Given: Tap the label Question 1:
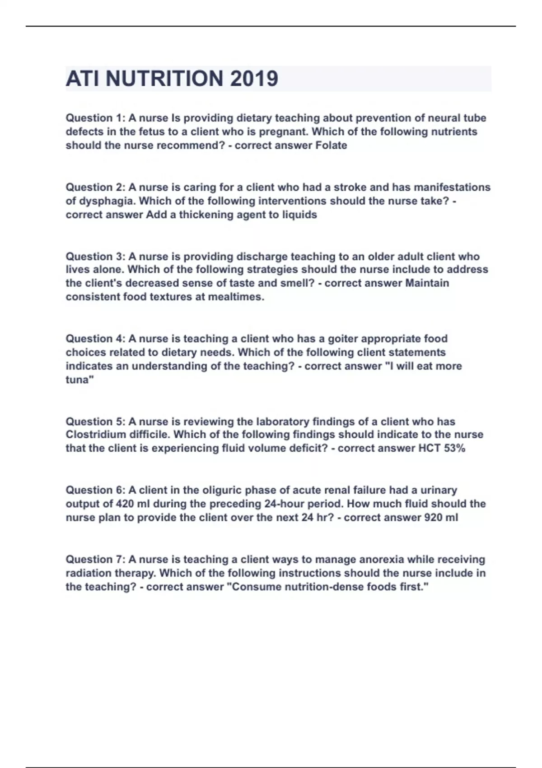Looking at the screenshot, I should point(95,118).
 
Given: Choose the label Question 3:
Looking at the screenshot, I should point(95,257).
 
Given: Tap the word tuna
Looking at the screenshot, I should point(78,380).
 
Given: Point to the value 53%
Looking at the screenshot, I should point(454,448).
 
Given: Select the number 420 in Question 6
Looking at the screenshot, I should point(125,504).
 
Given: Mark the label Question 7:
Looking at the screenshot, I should point(95,559).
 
